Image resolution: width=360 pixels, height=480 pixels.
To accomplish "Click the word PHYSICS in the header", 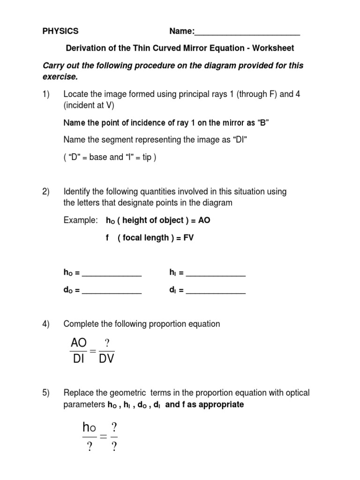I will tap(60, 31).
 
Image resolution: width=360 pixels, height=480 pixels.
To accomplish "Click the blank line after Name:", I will tap(247, 33).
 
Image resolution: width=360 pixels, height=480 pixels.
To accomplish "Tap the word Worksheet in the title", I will tap(273, 48).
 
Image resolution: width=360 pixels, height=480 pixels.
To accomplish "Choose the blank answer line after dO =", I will tap(112, 292).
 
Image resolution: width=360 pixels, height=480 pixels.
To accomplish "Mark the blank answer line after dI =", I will tap(216, 292).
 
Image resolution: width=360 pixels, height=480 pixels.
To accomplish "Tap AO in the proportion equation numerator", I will tap(78, 344).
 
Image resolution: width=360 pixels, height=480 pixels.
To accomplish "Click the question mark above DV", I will tap(106, 343).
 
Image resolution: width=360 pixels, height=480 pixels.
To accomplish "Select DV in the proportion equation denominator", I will tap(106, 360).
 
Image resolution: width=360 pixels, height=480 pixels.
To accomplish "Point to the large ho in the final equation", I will tap(89, 427).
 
